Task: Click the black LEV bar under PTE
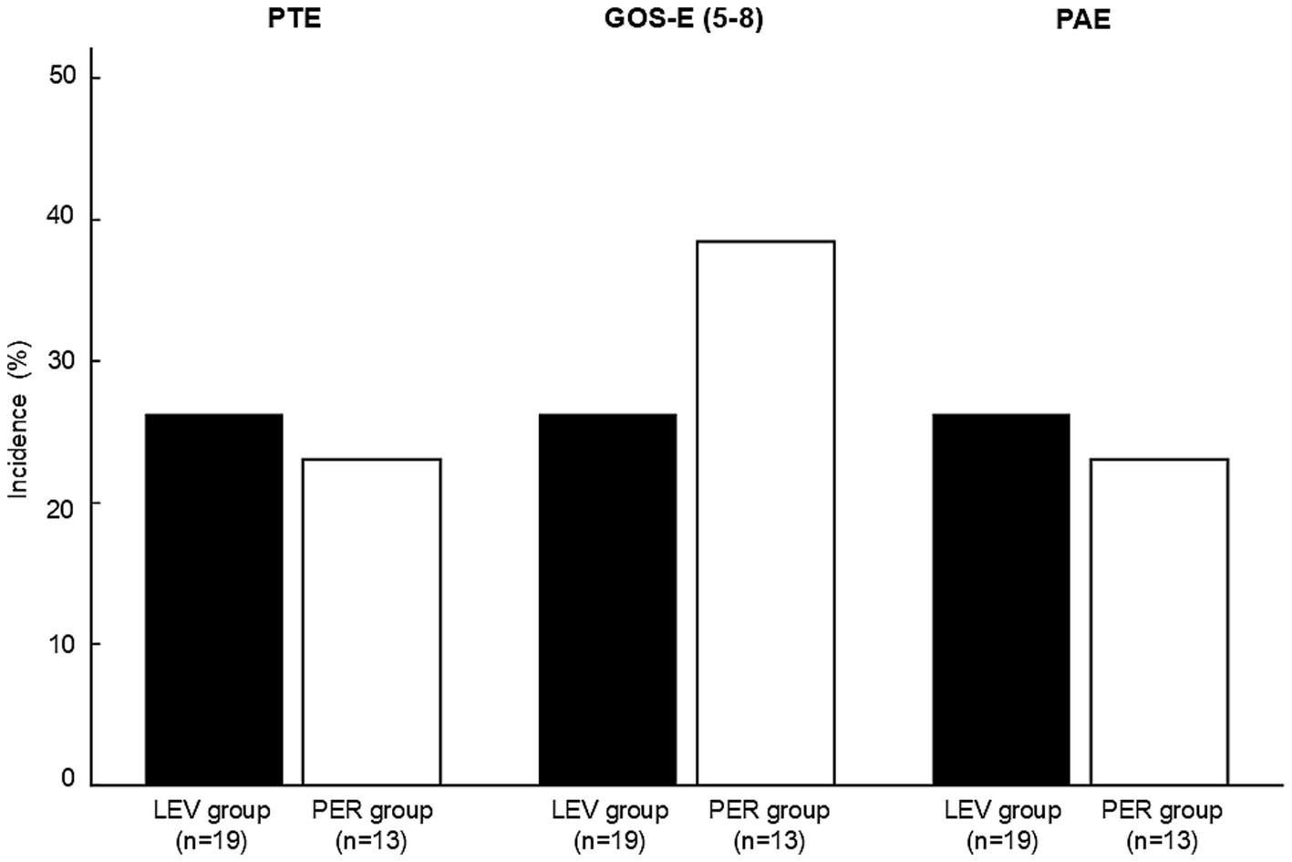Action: (x=214, y=599)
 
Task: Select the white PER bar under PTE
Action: (x=371, y=621)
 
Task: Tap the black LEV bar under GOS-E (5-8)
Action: (x=608, y=599)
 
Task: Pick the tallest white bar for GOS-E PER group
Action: (x=765, y=513)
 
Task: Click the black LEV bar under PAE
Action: (x=1001, y=599)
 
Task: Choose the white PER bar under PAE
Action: (x=1159, y=621)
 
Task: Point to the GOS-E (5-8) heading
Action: (x=684, y=19)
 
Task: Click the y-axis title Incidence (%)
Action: (x=18, y=420)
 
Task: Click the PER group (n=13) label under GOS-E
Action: (x=769, y=824)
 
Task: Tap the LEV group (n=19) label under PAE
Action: (x=1002, y=824)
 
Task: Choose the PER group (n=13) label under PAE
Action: (x=1162, y=824)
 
